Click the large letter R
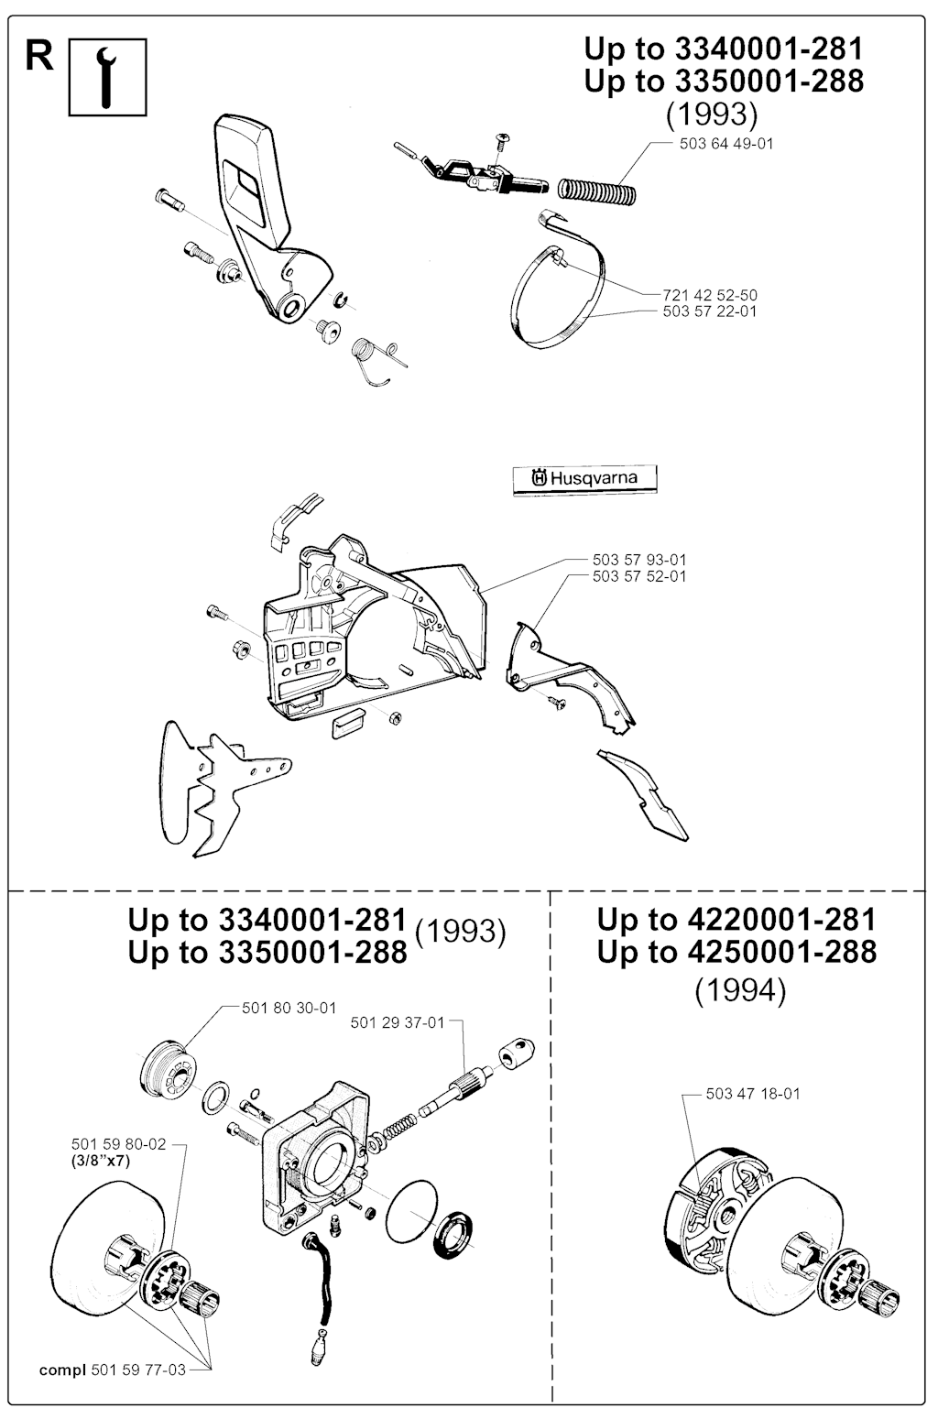[39, 56]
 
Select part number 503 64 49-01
[726, 144]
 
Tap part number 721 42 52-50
[710, 295]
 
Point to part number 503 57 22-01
[710, 311]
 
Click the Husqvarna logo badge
[585, 478]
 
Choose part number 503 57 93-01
[639, 560]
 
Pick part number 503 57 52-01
[639, 576]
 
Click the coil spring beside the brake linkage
[596, 190]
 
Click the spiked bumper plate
[215, 790]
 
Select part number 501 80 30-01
[289, 1008]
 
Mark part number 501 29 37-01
[398, 1023]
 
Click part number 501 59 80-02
[118, 1144]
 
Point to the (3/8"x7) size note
[101, 1162]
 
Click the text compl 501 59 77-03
[113, 1370]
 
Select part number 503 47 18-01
[753, 1094]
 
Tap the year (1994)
[740, 991]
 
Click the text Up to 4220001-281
[736, 919]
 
